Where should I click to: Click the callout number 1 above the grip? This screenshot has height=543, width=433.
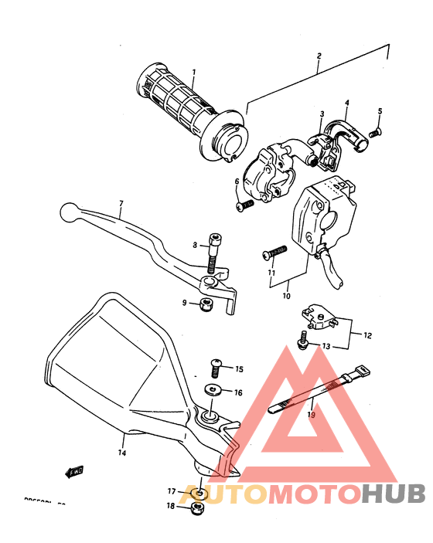(x=193, y=73)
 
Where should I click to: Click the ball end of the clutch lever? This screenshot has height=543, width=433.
(x=69, y=210)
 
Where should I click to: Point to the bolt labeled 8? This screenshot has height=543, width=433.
(x=213, y=254)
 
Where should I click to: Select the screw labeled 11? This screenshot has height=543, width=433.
(x=275, y=252)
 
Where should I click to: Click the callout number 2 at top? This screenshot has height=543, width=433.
(x=318, y=56)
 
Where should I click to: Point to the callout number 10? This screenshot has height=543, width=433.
(x=286, y=295)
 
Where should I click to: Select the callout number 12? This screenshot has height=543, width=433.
(x=368, y=335)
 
